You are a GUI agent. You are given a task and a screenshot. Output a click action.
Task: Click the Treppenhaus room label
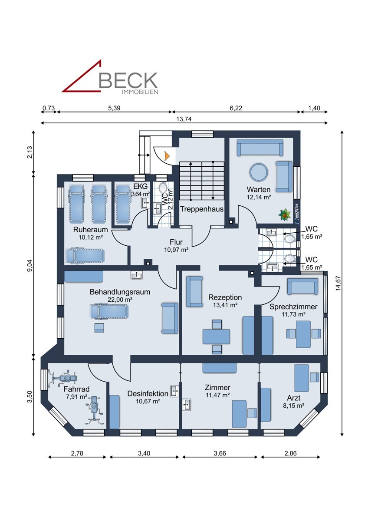coord(202,209)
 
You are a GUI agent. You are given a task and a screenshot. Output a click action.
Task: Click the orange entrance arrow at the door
coord(167,155)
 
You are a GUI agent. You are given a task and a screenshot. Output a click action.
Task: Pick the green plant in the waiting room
coord(285,214)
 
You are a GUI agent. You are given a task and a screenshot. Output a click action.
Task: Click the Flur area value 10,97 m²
coord(176,250)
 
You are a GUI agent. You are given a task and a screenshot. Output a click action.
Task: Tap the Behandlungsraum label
coord(120,292)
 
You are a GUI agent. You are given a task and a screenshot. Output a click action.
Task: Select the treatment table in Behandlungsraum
coord(108,311)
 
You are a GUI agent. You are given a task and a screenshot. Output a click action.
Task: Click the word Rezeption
coord(225,297)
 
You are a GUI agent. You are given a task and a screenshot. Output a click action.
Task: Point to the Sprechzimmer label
coord(293,307)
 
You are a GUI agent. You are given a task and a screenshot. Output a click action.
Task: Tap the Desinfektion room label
coord(148,393)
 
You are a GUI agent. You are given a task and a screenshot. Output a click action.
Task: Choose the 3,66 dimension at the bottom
coord(220,454)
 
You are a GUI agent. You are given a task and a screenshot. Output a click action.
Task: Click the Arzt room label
coord(293,398)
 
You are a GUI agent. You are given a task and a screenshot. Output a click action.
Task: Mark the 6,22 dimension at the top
coord(236,108)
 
